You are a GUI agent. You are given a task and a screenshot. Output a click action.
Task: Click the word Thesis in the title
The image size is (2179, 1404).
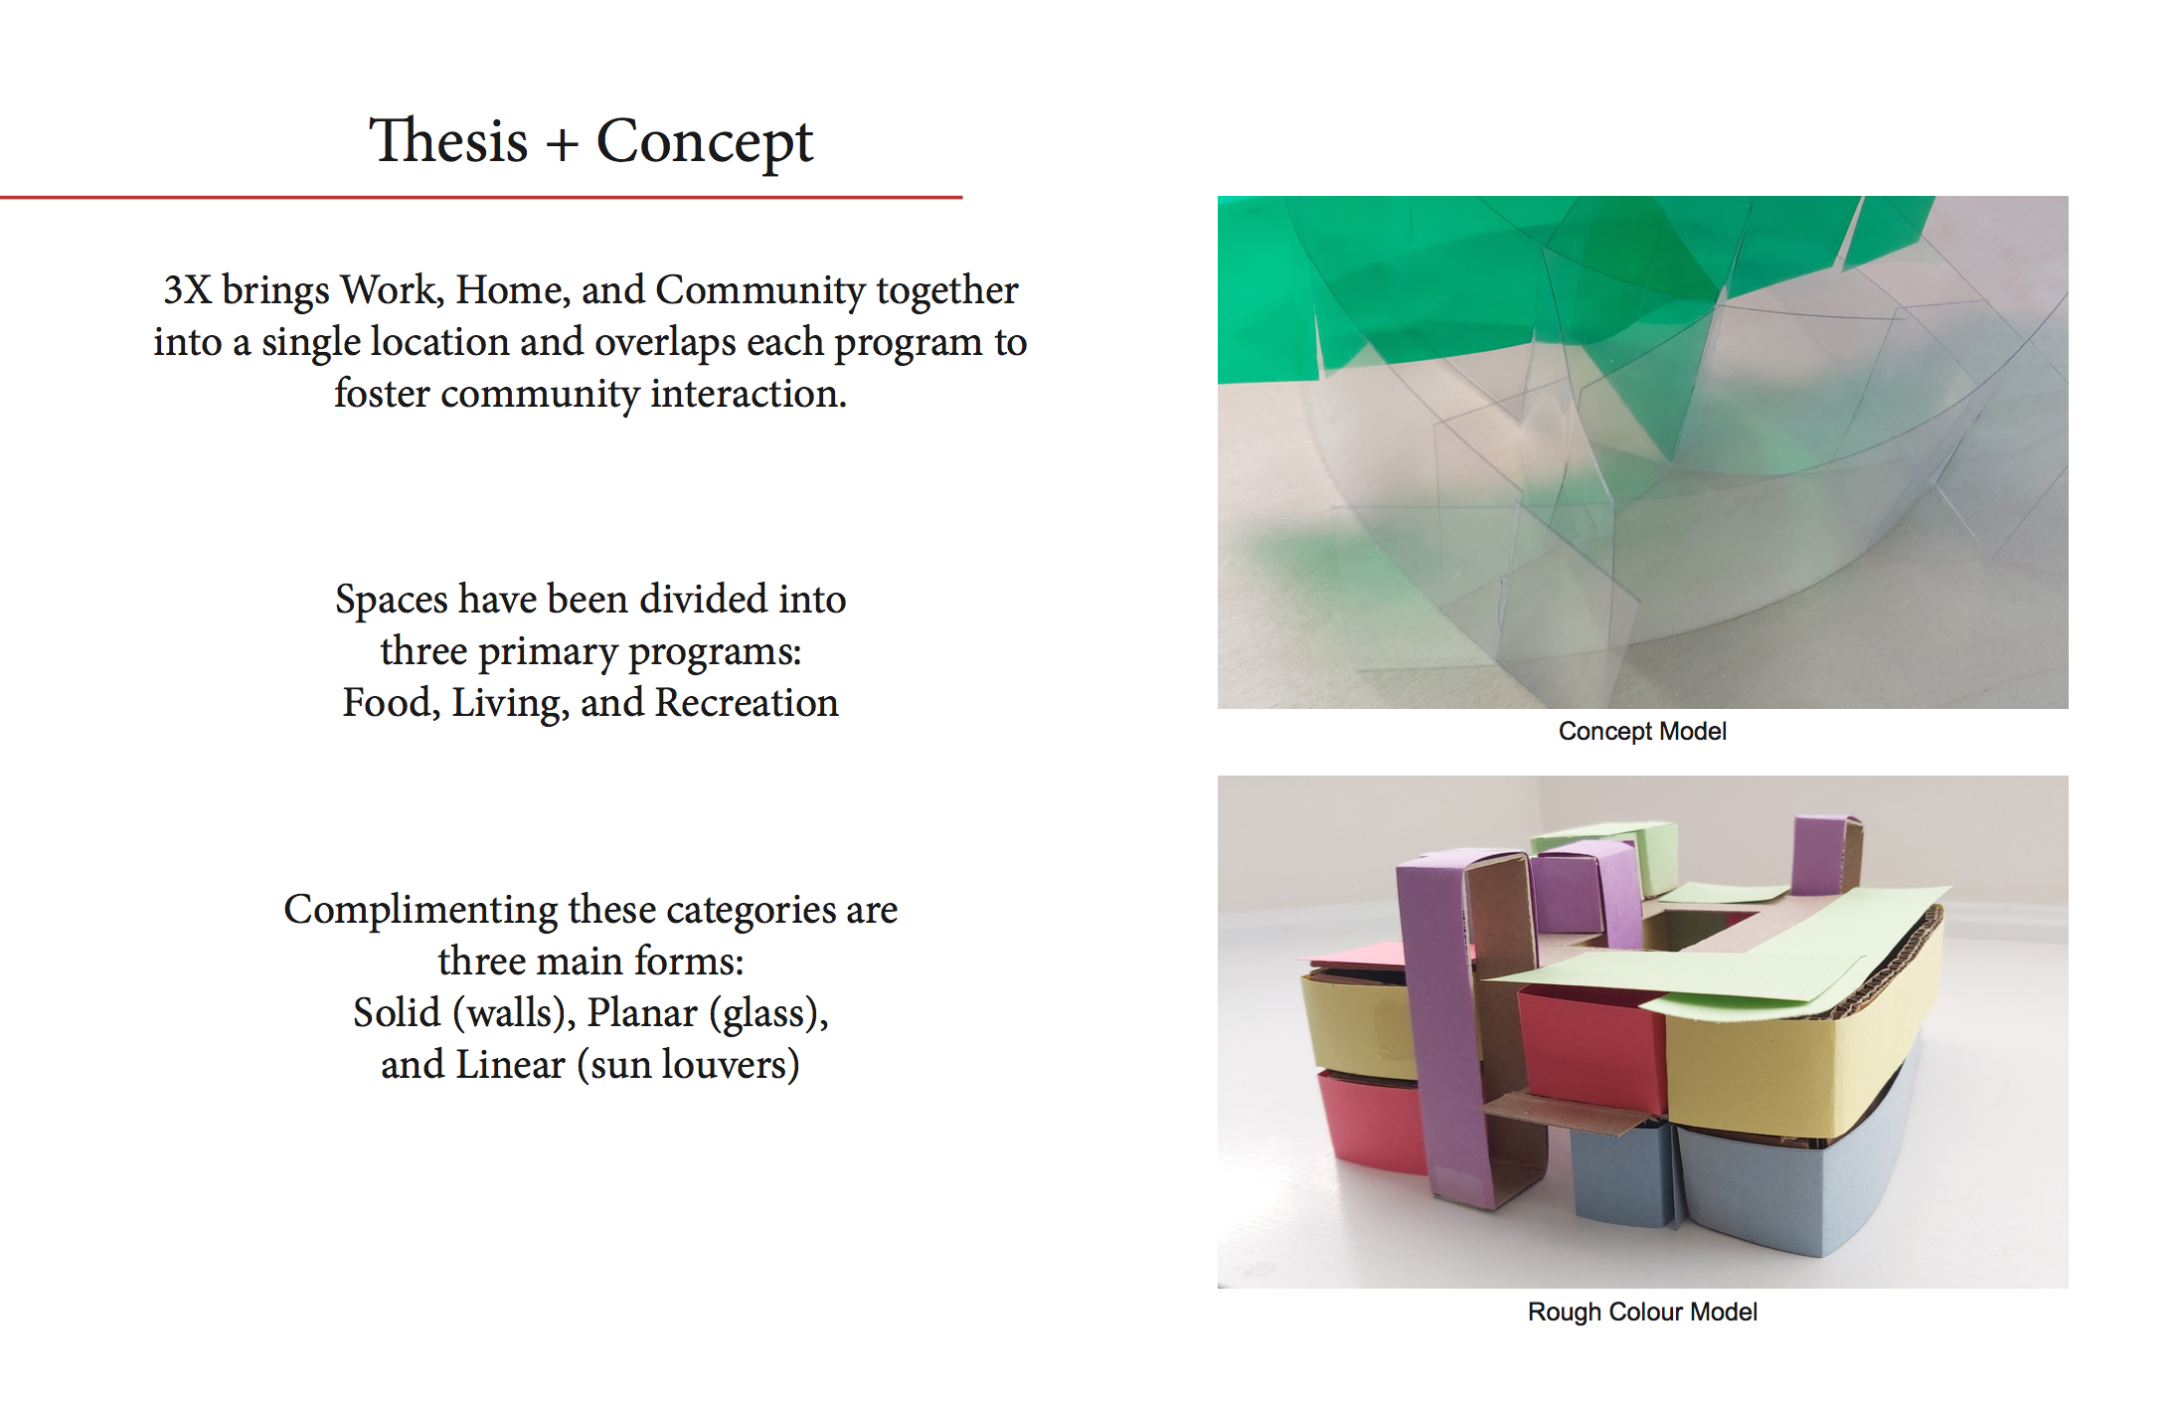point(448,140)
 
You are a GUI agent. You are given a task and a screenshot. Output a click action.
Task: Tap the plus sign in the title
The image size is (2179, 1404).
point(562,145)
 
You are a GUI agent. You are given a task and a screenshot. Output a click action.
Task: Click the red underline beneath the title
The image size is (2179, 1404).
point(481,197)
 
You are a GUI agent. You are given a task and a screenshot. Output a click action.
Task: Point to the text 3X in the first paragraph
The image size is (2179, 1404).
point(187,289)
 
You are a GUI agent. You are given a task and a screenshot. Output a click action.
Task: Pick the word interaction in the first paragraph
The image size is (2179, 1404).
point(749,393)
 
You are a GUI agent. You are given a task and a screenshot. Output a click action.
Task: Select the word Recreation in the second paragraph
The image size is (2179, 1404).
point(747,702)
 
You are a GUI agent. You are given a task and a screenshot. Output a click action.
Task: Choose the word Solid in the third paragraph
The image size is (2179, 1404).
point(397,1012)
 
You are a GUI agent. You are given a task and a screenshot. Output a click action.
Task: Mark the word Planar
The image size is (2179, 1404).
point(642,1012)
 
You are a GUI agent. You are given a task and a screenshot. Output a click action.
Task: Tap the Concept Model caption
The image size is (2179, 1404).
point(1642,732)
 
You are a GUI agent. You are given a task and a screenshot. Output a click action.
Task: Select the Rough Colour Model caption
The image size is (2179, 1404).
point(1642,1312)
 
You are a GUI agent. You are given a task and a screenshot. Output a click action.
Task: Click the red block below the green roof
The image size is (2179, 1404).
point(1591,1049)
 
